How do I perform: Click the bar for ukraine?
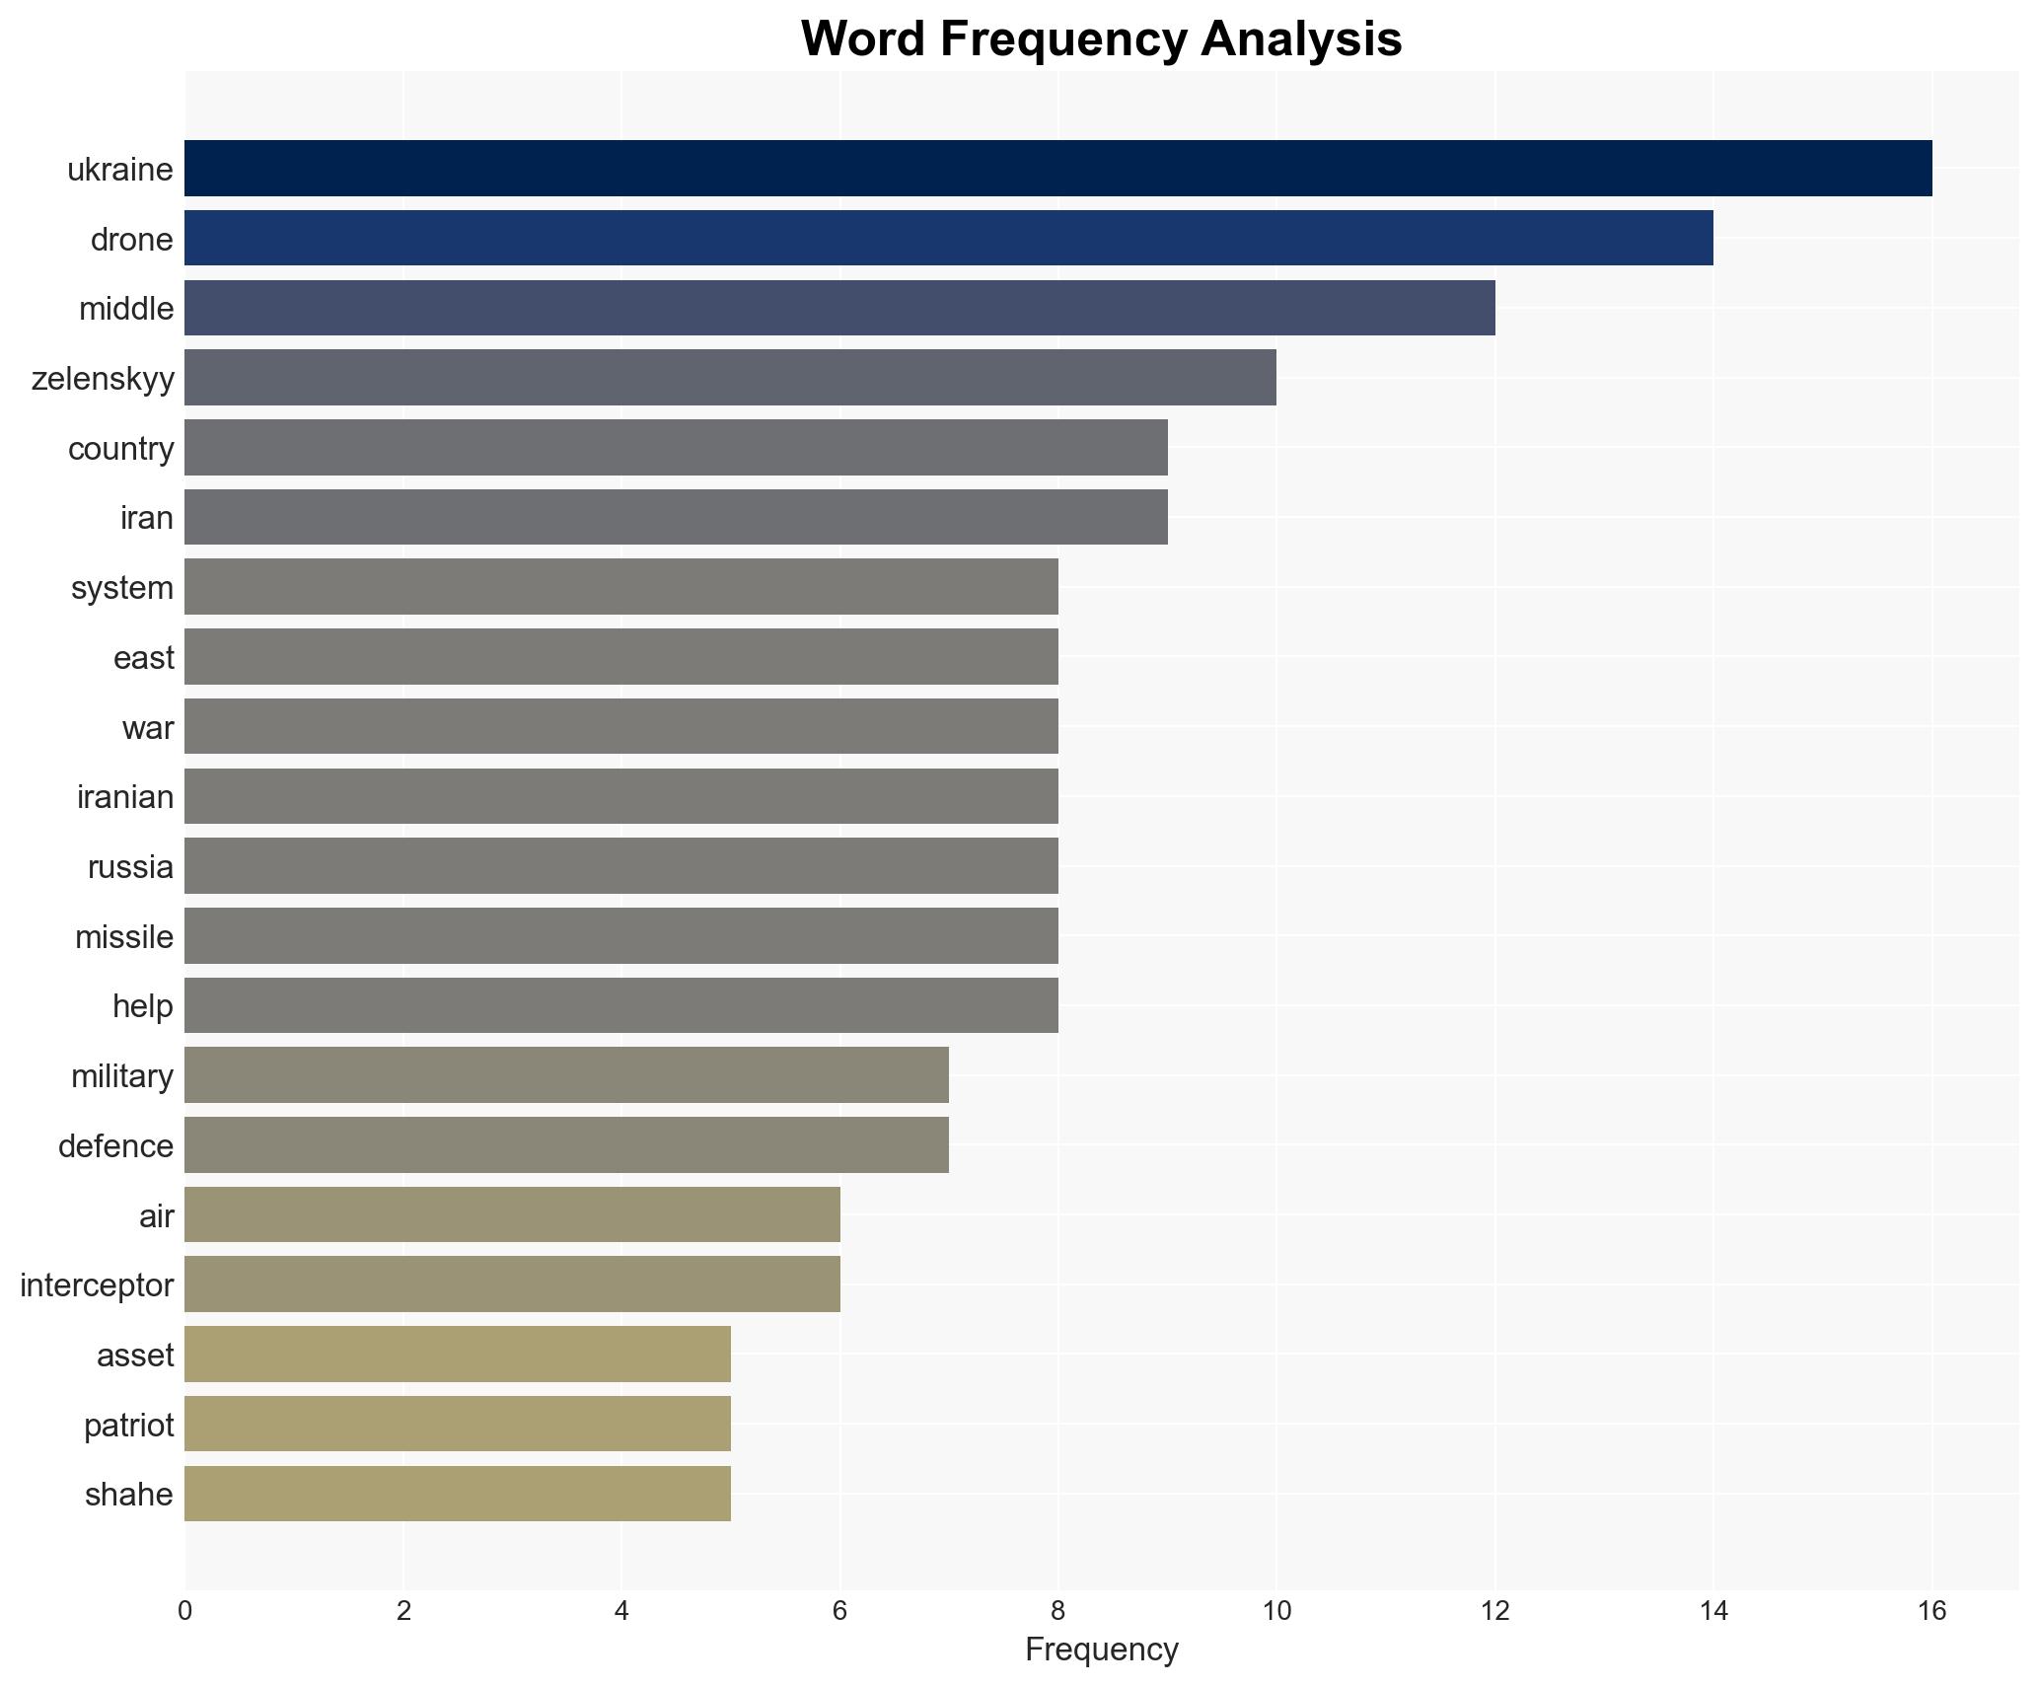point(1057,169)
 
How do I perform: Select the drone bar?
point(948,239)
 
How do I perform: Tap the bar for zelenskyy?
point(730,378)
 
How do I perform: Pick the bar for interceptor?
point(512,1284)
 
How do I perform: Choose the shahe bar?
point(458,1494)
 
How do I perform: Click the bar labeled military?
point(566,1075)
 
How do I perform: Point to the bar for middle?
point(839,308)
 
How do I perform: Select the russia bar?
point(621,866)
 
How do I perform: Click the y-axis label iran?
point(147,518)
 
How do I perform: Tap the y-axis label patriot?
point(128,1425)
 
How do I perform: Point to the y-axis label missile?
point(124,936)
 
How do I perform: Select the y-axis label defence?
point(115,1145)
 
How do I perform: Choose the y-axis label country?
point(120,449)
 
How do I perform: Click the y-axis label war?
point(148,728)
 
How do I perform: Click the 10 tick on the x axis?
point(1276,1612)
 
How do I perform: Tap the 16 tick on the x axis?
point(1931,1612)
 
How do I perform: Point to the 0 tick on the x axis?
point(184,1612)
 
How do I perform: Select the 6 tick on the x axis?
point(839,1612)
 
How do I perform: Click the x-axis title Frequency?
point(1101,1650)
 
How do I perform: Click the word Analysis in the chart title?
point(1301,39)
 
